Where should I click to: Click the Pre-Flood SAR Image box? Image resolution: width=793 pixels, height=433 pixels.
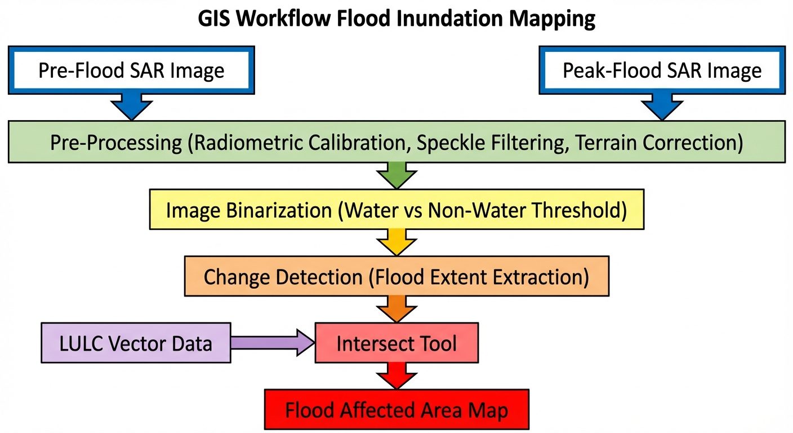(x=131, y=70)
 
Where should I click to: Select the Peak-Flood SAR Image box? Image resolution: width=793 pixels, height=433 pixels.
(x=662, y=70)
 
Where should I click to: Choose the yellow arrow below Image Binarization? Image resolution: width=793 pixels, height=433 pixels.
(x=397, y=241)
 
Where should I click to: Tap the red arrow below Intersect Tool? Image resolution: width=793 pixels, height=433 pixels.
(x=397, y=375)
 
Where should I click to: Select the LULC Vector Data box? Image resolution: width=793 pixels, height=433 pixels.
(x=136, y=343)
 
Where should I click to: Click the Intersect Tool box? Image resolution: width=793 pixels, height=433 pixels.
(x=396, y=343)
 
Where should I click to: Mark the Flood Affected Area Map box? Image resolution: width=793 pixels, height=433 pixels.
(x=396, y=410)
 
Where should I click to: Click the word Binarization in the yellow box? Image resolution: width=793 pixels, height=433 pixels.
(x=279, y=210)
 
